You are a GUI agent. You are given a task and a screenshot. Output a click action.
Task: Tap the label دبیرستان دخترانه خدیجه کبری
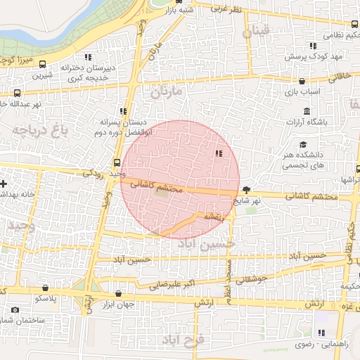[86, 73]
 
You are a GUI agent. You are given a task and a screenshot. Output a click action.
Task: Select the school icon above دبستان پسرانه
[124, 111]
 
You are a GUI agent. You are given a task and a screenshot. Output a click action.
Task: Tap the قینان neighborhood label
[255, 32]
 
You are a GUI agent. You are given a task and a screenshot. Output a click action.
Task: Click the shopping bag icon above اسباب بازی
[302, 81]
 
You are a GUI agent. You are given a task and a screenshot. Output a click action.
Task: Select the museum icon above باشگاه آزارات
[307, 111]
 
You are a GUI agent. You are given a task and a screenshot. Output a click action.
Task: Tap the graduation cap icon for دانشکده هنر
[311, 144]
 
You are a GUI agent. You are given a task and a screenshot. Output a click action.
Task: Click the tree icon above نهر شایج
[246, 190]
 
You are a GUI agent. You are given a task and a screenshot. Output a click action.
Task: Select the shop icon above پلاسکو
[46, 288]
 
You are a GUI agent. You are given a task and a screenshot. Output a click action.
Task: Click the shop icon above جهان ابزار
[118, 293]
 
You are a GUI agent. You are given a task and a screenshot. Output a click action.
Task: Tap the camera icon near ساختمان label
[15, 310]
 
